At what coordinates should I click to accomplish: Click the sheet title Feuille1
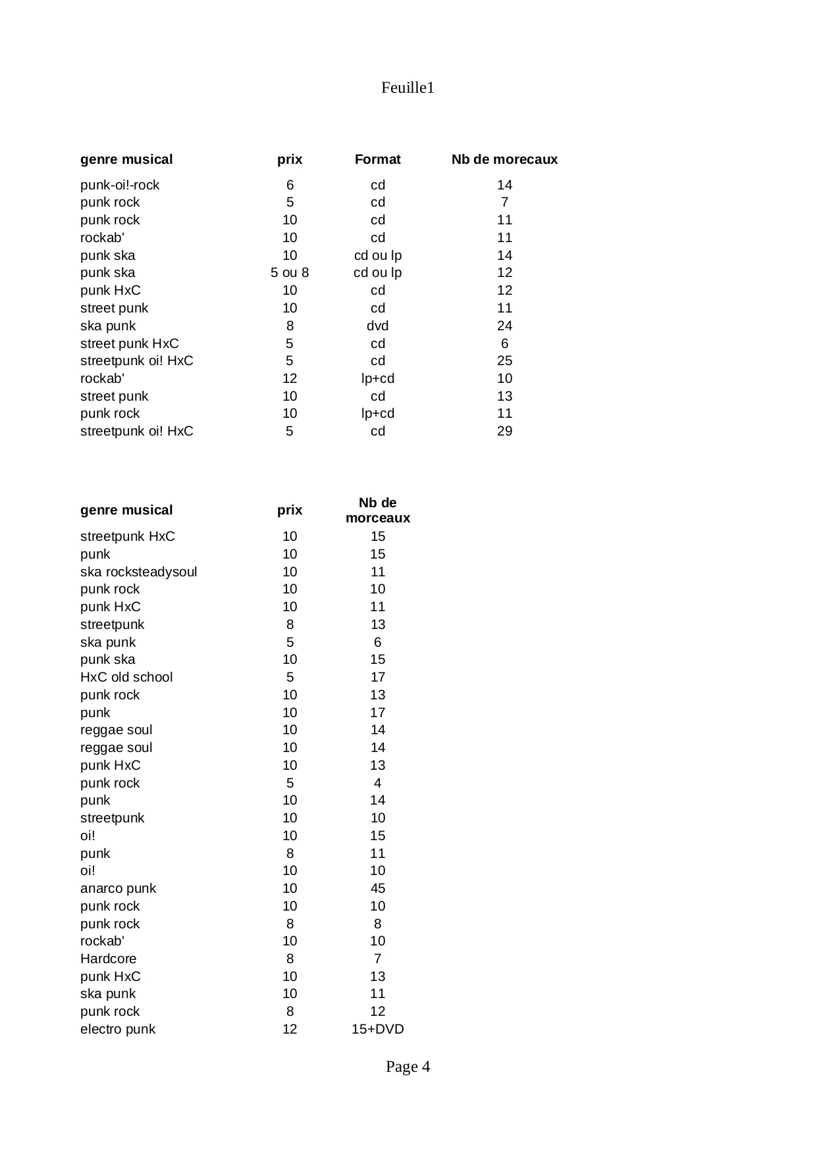pyautogui.click(x=408, y=88)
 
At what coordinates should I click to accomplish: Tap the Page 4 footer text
pyautogui.click(x=408, y=1066)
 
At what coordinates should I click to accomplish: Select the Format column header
pyautogui.click(x=377, y=159)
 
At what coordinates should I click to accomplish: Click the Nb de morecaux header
pyautogui.click(x=504, y=159)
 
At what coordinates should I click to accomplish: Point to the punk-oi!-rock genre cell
pyautogui.click(x=120, y=185)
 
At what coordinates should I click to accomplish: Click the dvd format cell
pyautogui.click(x=377, y=326)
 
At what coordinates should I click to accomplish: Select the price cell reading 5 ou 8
pyautogui.click(x=290, y=272)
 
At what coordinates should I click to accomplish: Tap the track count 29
pyautogui.click(x=504, y=431)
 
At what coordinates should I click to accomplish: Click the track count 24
pyautogui.click(x=504, y=326)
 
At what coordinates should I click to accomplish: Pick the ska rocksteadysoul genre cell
pyautogui.click(x=138, y=572)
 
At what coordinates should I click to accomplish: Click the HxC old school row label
pyautogui.click(x=126, y=677)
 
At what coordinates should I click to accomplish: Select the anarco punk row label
pyautogui.click(x=118, y=888)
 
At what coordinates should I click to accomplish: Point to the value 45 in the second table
pyautogui.click(x=377, y=888)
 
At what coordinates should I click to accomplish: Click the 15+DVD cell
pyautogui.click(x=377, y=1029)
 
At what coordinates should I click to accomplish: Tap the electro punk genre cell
pyautogui.click(x=118, y=1029)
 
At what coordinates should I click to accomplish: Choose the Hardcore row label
pyautogui.click(x=108, y=959)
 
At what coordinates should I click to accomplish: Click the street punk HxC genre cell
pyautogui.click(x=129, y=343)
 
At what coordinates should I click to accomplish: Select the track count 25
pyautogui.click(x=504, y=361)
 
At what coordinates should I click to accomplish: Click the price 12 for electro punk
pyautogui.click(x=290, y=1029)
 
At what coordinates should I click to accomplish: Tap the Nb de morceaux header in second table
pyautogui.click(x=377, y=511)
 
